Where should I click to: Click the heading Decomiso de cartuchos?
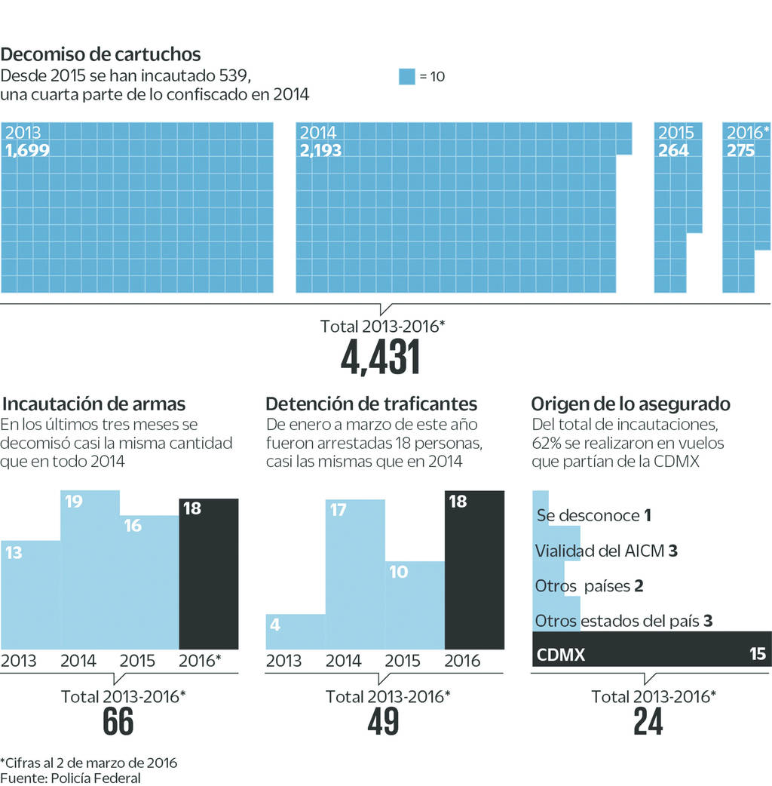point(101,54)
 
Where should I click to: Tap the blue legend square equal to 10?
point(406,76)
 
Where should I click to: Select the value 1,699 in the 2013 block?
point(27,150)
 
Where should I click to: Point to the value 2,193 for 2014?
point(320,150)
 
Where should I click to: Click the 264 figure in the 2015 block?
point(673,150)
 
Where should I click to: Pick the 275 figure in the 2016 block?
point(740,150)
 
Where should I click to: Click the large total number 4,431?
point(380,358)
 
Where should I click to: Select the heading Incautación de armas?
point(94,404)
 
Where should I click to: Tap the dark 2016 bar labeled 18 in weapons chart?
point(208,573)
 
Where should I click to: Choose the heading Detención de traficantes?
point(372,404)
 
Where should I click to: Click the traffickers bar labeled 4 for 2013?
point(295,632)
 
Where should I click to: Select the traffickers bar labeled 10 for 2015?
point(415,603)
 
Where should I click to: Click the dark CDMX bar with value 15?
point(651,654)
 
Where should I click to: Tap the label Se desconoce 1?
point(593,516)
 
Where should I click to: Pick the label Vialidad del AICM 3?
point(605,551)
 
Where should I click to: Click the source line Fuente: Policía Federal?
point(70,778)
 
